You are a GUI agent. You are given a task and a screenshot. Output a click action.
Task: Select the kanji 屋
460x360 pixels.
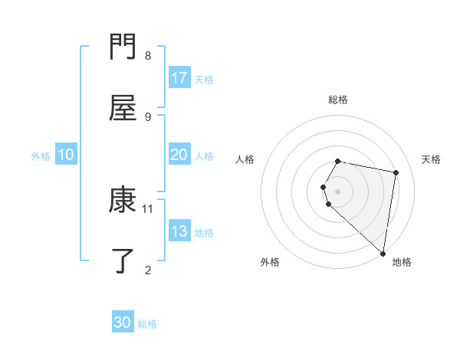click(x=123, y=108)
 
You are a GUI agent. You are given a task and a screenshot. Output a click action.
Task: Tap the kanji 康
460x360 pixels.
click(x=123, y=200)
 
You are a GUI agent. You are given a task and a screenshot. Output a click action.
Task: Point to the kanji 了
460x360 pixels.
click(x=123, y=260)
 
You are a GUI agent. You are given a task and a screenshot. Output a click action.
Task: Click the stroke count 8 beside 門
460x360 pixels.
click(x=148, y=55)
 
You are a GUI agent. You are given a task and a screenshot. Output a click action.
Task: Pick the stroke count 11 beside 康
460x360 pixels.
click(x=148, y=208)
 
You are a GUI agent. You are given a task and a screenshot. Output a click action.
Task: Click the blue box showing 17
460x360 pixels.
click(x=179, y=78)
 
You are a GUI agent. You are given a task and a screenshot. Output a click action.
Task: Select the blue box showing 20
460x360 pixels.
click(x=179, y=155)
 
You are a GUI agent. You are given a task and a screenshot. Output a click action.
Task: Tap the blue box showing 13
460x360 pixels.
click(x=179, y=231)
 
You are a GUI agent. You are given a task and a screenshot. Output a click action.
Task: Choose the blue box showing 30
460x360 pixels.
click(x=123, y=322)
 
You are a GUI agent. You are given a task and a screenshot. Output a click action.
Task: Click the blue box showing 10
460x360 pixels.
click(x=66, y=155)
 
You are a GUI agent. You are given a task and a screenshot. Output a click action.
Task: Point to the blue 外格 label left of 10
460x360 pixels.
click(x=41, y=155)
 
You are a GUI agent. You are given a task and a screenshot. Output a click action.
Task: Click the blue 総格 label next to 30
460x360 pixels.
click(x=147, y=324)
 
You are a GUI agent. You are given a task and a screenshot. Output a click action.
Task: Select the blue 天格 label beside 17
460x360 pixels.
click(x=204, y=79)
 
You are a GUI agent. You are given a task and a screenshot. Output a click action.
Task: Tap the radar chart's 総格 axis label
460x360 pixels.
click(x=338, y=100)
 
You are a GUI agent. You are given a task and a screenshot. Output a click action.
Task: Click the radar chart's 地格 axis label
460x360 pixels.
click(x=402, y=263)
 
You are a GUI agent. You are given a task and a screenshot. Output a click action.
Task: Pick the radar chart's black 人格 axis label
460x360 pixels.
click(x=245, y=159)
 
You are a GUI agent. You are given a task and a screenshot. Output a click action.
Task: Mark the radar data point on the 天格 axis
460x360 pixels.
click(x=396, y=172)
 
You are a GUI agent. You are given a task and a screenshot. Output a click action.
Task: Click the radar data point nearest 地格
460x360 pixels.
click(x=383, y=254)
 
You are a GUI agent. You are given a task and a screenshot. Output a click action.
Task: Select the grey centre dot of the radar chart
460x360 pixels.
click(x=338, y=191)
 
